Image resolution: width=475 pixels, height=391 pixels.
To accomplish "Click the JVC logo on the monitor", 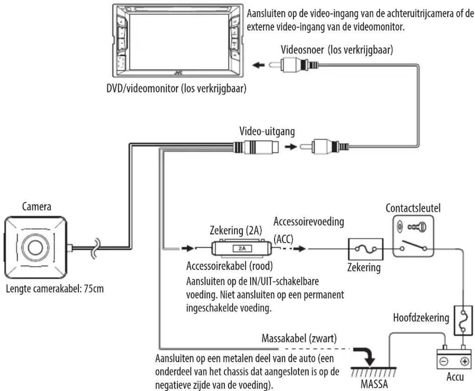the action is [x=178, y=73].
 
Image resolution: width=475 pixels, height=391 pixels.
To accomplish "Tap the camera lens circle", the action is [x=35, y=247].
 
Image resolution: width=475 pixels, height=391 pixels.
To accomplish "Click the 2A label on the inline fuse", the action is [x=242, y=249].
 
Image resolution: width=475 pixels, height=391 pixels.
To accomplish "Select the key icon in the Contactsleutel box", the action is [x=417, y=227].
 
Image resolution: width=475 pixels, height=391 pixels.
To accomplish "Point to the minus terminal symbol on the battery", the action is [x=444, y=362].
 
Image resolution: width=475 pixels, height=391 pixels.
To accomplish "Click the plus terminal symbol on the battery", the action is [x=464, y=362].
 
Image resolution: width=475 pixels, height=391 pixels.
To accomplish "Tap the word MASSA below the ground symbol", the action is [x=374, y=384].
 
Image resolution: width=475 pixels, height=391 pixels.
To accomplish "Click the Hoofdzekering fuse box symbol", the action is [x=463, y=321].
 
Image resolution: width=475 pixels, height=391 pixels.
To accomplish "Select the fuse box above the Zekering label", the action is [x=366, y=249].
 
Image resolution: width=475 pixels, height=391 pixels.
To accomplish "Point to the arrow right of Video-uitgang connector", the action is [x=291, y=147].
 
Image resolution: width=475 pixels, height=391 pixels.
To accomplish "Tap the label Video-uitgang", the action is [x=267, y=131].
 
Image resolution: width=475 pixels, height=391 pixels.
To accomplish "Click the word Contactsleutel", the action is [x=413, y=208].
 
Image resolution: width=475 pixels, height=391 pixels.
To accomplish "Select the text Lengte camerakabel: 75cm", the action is [x=55, y=289].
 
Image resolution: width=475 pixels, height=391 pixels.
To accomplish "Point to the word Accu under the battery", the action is [x=455, y=377].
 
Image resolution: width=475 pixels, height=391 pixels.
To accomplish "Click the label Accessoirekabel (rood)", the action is [x=230, y=266].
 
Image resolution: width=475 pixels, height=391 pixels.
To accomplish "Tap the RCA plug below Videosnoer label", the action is [x=294, y=65].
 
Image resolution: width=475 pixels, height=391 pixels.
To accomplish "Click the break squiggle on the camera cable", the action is [x=96, y=248].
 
